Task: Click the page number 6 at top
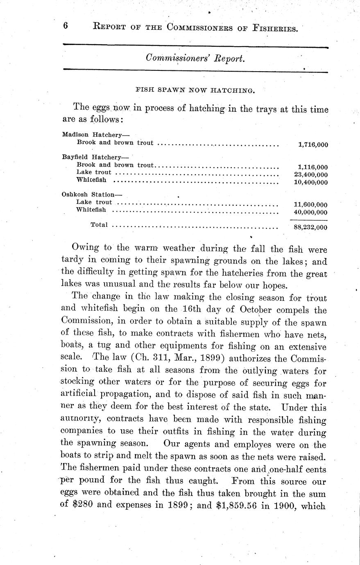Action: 66,26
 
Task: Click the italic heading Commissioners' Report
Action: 195,59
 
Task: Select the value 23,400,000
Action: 311,175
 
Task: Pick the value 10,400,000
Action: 311,182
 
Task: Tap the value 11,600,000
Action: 311,205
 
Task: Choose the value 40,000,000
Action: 311,212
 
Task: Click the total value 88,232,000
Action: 311,228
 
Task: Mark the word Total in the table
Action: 99,225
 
